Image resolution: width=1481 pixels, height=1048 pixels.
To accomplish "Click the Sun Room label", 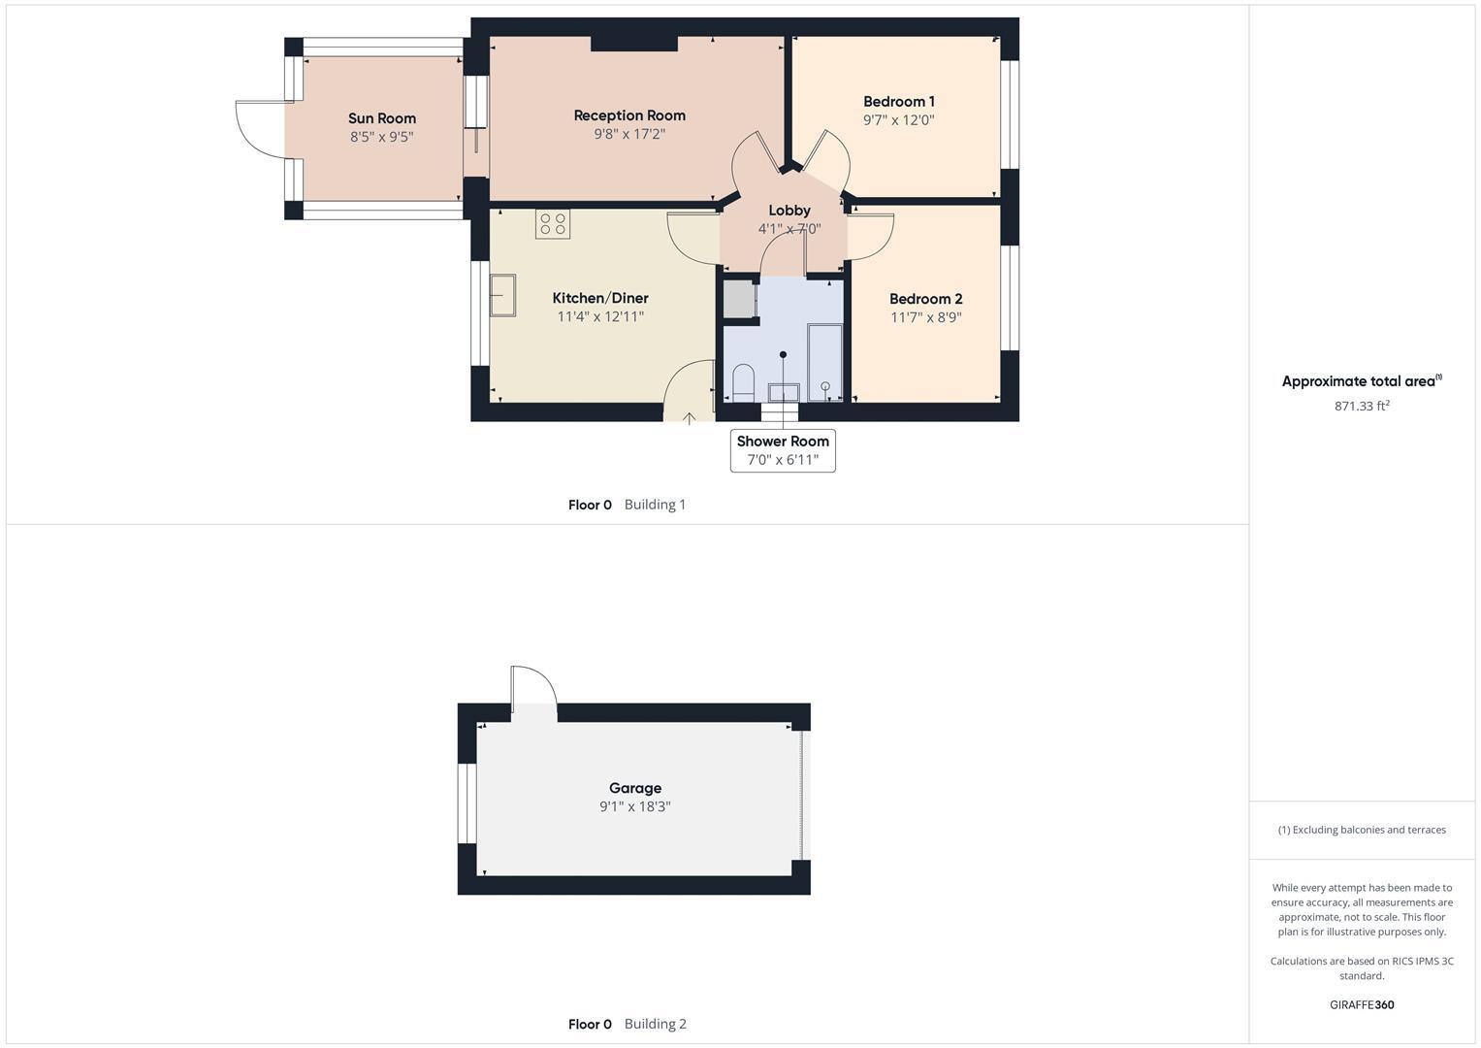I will (x=382, y=118).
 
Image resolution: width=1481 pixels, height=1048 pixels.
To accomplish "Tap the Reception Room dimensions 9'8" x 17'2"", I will (x=629, y=134).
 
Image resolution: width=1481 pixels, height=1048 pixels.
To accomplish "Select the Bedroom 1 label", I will (x=898, y=101).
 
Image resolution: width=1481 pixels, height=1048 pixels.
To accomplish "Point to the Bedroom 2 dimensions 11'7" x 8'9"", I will (x=925, y=317).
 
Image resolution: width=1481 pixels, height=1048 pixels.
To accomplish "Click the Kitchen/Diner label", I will (x=599, y=298).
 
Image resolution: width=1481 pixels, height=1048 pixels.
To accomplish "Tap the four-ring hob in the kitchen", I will (x=553, y=224).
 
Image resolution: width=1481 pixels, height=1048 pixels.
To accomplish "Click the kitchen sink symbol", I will (x=502, y=295).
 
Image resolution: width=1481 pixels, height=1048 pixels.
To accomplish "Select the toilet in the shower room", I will (x=743, y=382).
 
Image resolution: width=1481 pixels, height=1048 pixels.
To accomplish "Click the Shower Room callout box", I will (x=783, y=450).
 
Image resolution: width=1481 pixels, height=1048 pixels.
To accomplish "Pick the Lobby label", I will (x=789, y=211).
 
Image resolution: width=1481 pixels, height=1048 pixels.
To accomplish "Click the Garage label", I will (x=635, y=788).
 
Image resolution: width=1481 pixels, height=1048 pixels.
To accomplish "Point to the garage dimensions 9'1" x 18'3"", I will (x=635, y=806).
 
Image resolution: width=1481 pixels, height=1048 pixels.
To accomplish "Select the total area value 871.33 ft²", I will (x=1362, y=407).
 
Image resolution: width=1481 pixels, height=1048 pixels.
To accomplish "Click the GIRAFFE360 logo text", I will (x=1362, y=1004).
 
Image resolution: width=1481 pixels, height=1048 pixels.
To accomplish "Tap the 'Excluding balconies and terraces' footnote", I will (x=1362, y=830).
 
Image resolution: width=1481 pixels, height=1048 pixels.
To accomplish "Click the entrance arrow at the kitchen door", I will (x=689, y=418).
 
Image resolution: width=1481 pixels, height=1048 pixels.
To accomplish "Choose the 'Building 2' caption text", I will (x=655, y=1024).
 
